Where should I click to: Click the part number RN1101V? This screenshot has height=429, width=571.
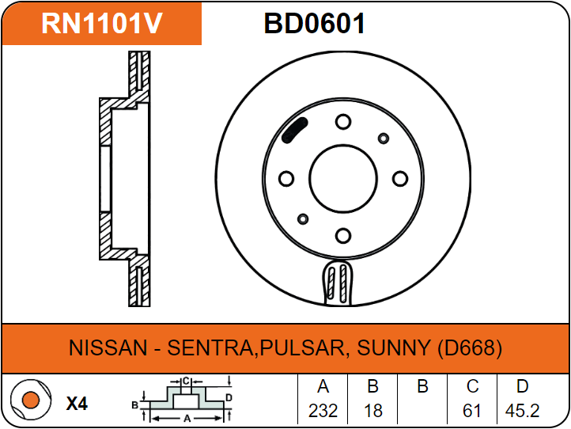(x=102, y=24)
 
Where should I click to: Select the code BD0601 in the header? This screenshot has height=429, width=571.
(x=315, y=24)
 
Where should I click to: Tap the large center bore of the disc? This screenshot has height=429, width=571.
(x=343, y=178)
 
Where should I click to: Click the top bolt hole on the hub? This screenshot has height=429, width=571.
(x=342, y=122)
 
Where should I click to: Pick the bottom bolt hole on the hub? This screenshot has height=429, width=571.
(x=342, y=235)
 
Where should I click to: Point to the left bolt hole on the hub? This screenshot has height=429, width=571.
(x=286, y=178)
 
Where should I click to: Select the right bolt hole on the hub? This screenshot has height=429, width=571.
(x=399, y=178)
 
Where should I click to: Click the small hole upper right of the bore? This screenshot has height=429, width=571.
(x=384, y=139)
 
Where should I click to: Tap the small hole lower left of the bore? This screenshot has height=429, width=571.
(x=302, y=218)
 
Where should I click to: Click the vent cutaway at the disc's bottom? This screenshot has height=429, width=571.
(x=338, y=283)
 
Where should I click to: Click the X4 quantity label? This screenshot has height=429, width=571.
(x=77, y=404)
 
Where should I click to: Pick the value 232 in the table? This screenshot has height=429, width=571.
(x=323, y=412)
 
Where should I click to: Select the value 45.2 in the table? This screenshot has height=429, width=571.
(x=522, y=412)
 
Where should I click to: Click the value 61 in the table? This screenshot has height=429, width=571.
(x=472, y=412)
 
